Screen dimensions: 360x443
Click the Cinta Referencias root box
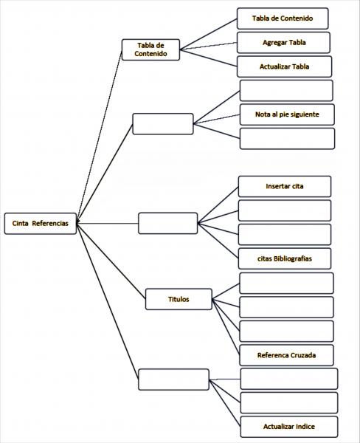tap(41, 224)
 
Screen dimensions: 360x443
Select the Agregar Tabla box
tap(283, 43)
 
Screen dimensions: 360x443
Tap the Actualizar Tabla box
tap(284, 66)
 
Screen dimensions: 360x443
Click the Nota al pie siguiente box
tap(287, 114)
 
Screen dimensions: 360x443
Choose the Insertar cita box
tap(285, 187)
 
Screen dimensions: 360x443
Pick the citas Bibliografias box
tap(285, 258)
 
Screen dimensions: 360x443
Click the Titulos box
tap(179, 299)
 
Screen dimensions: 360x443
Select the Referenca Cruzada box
tap(286, 355)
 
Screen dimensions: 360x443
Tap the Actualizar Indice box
tap(289, 427)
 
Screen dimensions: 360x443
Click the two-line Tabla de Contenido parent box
tap(150, 49)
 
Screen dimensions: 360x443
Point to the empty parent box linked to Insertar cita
tap(168, 223)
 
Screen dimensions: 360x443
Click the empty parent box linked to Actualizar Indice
tap(173, 380)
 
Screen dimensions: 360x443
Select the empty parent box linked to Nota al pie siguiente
tap(163, 124)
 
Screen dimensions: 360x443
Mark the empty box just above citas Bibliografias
tap(285, 235)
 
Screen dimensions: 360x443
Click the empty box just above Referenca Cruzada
tap(286, 331)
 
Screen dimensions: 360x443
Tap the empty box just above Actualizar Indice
tap(289, 402)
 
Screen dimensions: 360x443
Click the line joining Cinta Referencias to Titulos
tap(111, 261)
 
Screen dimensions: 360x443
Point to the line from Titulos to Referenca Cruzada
tap(226, 327)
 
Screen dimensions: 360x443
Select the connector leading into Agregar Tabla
tap(208, 46)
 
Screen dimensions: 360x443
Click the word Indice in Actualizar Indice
tap(303, 427)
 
